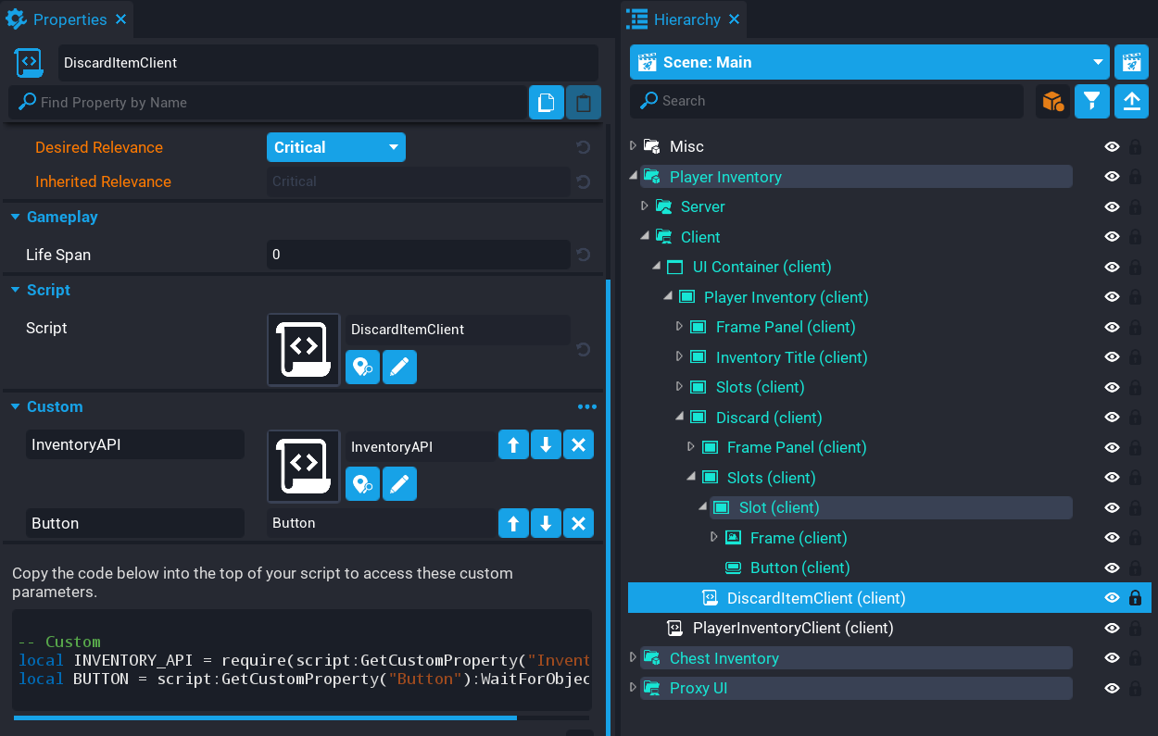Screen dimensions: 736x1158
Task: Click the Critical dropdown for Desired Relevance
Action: click(x=335, y=147)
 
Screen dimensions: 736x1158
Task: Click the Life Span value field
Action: click(x=418, y=255)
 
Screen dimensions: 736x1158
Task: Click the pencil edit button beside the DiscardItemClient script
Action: click(x=399, y=368)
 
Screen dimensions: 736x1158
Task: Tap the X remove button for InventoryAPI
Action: click(x=578, y=445)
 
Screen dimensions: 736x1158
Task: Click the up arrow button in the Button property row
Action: click(x=513, y=524)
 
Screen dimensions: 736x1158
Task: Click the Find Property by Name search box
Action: click(x=269, y=103)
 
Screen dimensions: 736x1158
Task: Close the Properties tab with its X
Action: click(x=121, y=19)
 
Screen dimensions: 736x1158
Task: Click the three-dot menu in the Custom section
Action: click(x=586, y=406)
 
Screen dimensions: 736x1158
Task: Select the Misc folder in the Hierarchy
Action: click(x=686, y=146)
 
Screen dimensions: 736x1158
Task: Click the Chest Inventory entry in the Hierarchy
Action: click(x=724, y=658)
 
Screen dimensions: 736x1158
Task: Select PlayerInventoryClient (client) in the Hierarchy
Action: click(x=792, y=628)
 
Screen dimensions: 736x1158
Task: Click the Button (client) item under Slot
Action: click(x=799, y=568)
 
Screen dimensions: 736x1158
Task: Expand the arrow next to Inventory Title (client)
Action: click(x=679, y=357)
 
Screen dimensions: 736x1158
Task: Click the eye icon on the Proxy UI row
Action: click(x=1112, y=688)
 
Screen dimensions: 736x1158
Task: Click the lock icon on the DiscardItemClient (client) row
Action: click(x=1135, y=598)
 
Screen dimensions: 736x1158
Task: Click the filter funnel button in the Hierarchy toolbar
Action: click(x=1092, y=101)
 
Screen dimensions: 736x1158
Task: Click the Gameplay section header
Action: click(x=62, y=217)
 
